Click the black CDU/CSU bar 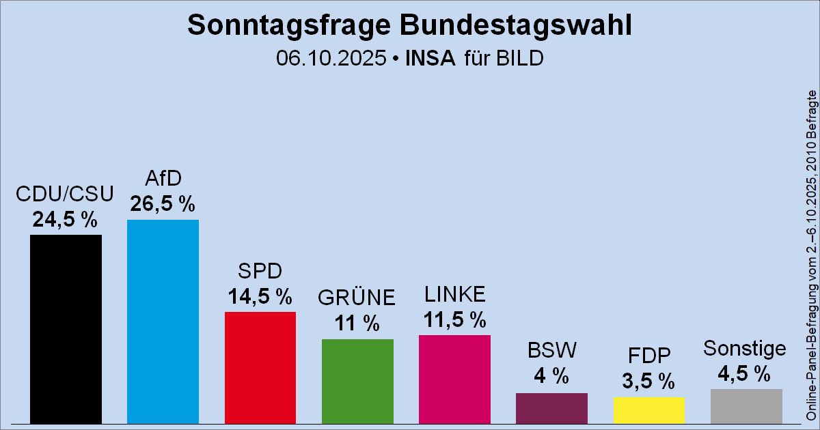[66, 329]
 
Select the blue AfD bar [163, 321]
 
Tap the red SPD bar [260, 367]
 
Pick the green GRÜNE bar [357, 381]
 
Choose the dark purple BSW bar [551, 407]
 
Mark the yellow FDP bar [648, 410]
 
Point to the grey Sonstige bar [746, 406]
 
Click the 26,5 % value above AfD [163, 204]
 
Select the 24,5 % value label [65, 219]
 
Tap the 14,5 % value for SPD [260, 296]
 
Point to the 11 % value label [357, 324]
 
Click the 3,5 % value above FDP [648, 380]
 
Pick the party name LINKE [454, 294]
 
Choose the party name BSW [551, 350]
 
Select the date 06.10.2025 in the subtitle [331, 58]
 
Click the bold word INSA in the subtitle [430, 58]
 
